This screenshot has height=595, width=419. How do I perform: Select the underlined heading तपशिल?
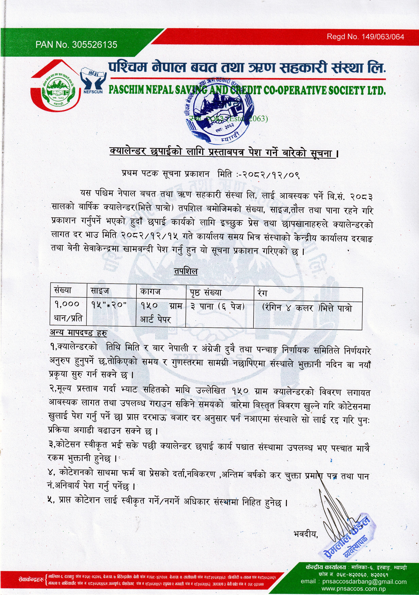click(x=186, y=271)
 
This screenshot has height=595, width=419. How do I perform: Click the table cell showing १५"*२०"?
click(x=109, y=305)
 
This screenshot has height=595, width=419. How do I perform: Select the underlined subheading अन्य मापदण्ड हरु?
click(x=78, y=333)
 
